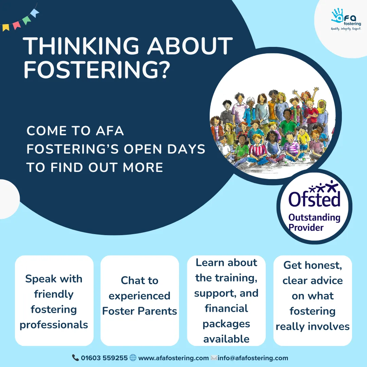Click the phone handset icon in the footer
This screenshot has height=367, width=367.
tap(75, 357)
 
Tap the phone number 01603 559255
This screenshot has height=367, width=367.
tap(104, 358)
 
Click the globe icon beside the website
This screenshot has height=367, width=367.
tap(133, 357)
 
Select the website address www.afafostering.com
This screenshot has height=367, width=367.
tap(173, 358)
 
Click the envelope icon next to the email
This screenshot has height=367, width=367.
tap(214, 357)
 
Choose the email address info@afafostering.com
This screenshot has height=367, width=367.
tap(253, 358)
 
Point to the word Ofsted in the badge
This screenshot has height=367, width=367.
tap(314, 198)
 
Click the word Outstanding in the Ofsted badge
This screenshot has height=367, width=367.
tap(314, 218)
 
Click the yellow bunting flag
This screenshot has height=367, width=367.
tap(6, 28)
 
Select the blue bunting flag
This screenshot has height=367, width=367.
tap(35, 13)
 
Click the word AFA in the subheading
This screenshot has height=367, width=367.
tap(110, 130)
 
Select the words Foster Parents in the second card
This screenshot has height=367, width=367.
tap(140, 311)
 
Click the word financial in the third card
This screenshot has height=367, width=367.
tap(226, 309)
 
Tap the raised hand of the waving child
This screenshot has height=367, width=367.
tap(316, 89)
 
